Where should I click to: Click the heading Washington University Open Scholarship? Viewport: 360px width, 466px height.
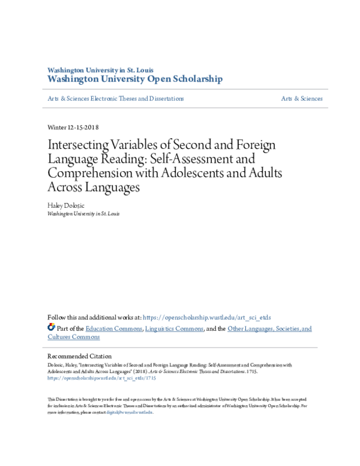(x=134, y=79)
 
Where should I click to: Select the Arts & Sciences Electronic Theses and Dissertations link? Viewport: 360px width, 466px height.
(x=115, y=98)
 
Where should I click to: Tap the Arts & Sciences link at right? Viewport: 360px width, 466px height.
(x=302, y=98)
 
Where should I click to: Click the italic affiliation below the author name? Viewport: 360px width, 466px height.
(x=83, y=213)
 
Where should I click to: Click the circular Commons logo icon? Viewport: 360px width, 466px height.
(x=51, y=327)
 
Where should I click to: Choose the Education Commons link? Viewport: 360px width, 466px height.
(x=113, y=328)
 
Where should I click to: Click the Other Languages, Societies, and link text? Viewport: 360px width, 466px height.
(x=270, y=328)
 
